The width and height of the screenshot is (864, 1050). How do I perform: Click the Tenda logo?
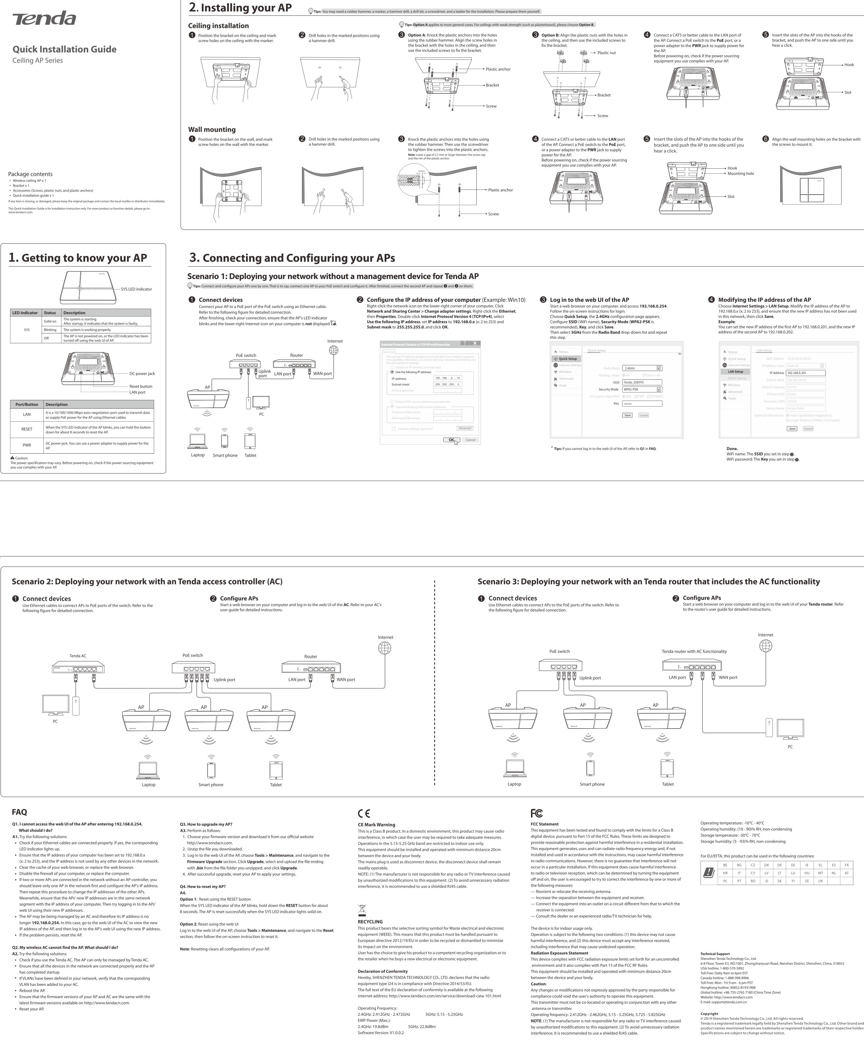point(44,19)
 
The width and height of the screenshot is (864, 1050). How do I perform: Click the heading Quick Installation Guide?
point(64,49)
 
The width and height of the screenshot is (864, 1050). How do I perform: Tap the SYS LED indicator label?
point(136,289)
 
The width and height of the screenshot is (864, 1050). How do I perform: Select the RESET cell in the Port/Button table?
point(27,429)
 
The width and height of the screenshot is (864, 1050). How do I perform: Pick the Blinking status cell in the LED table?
point(50,330)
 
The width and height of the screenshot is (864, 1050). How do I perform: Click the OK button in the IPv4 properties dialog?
point(451,440)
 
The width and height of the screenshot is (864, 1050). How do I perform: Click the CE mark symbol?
point(364,813)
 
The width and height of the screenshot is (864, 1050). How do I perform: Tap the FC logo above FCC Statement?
point(537,813)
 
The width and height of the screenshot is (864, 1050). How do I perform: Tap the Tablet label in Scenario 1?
point(250,455)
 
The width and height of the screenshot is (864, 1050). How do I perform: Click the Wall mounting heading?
point(211,130)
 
